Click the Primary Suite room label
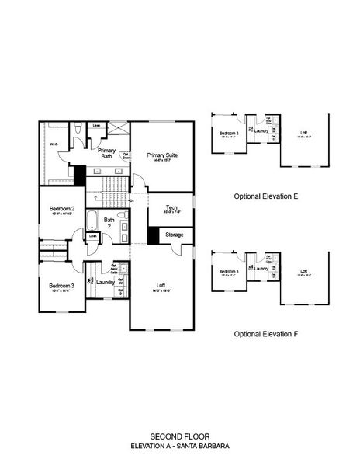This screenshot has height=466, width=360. pyautogui.click(x=162, y=155)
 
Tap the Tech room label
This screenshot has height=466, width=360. pyautogui.click(x=171, y=207)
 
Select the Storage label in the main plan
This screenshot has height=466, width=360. pyautogui.click(x=174, y=234)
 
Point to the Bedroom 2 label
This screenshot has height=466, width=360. pyautogui.click(x=62, y=209)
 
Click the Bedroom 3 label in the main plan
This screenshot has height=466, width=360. pyautogui.click(x=61, y=287)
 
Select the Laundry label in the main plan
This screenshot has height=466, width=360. pyautogui.click(x=106, y=283)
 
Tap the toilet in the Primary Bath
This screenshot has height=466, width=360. pyautogui.click(x=81, y=127)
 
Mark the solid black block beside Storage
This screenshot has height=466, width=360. pyautogui.click(x=153, y=235)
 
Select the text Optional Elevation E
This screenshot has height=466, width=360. pyautogui.click(x=266, y=196)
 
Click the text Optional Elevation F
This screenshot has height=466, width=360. pyautogui.click(x=266, y=334)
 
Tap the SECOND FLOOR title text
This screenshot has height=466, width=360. pyautogui.click(x=179, y=436)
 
